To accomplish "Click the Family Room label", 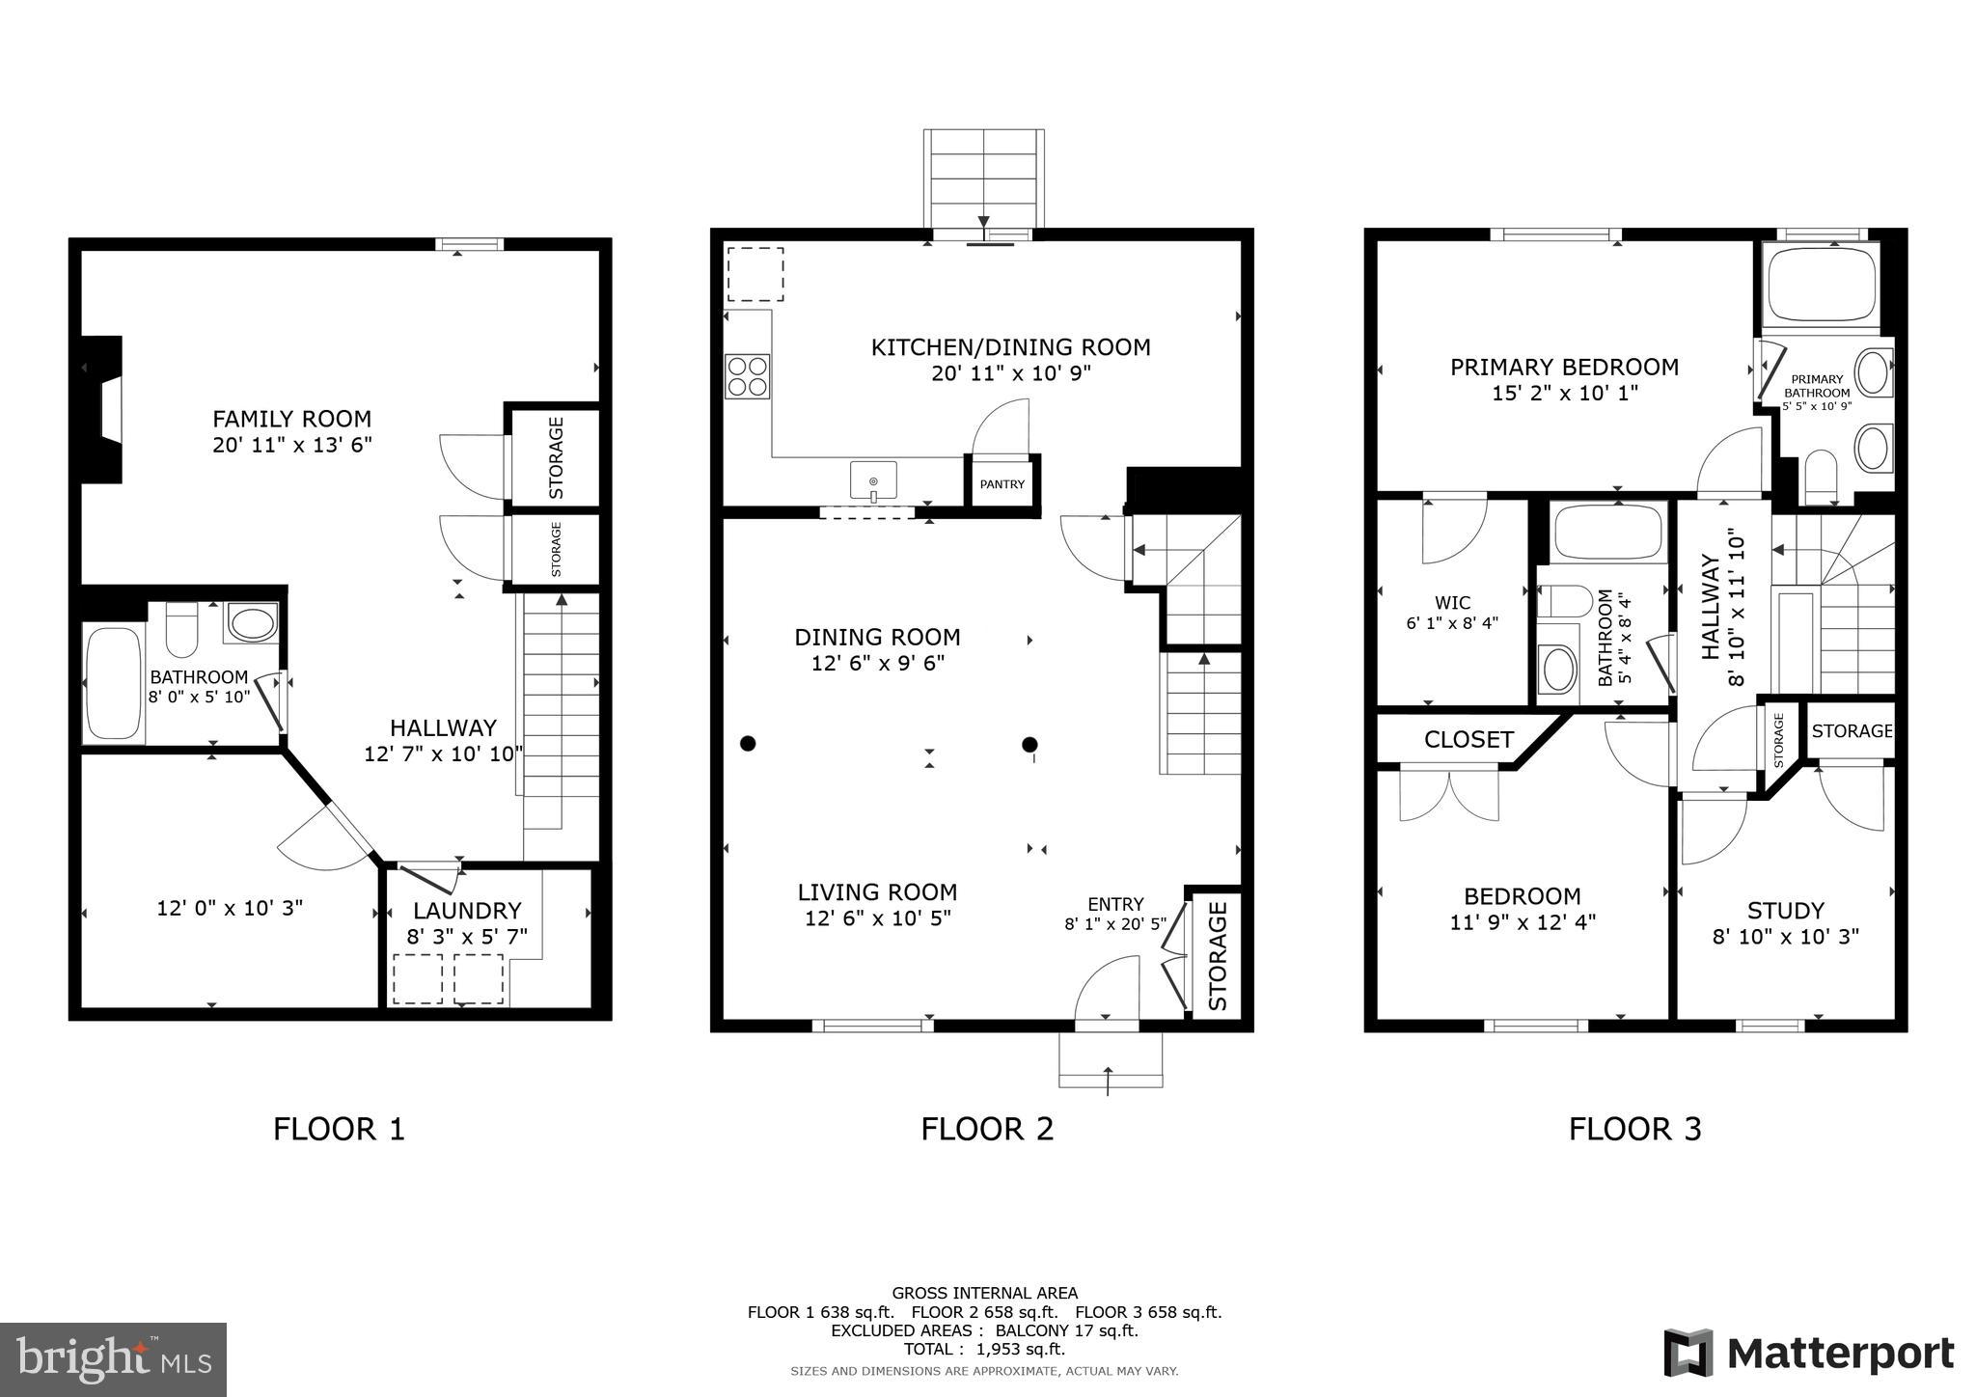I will click(291, 419).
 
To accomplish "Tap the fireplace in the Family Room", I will click(103, 409).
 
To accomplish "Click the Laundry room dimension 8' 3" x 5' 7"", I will click(467, 936).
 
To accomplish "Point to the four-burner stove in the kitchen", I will click(748, 376).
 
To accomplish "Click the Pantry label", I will click(1002, 484).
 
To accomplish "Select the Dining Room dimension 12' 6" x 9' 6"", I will click(877, 664).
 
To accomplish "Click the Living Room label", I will click(877, 892).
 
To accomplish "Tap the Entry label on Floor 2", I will click(1115, 904).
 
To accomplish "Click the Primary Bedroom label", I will click(1564, 367).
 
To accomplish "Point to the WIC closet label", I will click(1452, 603).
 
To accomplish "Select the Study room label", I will click(1785, 911).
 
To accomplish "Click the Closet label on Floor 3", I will click(1468, 740).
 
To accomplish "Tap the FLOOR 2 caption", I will click(987, 1129).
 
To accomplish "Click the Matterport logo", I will click(1808, 1354).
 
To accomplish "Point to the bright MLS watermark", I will click(113, 1359).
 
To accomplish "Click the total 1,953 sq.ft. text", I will click(984, 1349).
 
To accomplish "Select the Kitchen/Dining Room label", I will click(1010, 347).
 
